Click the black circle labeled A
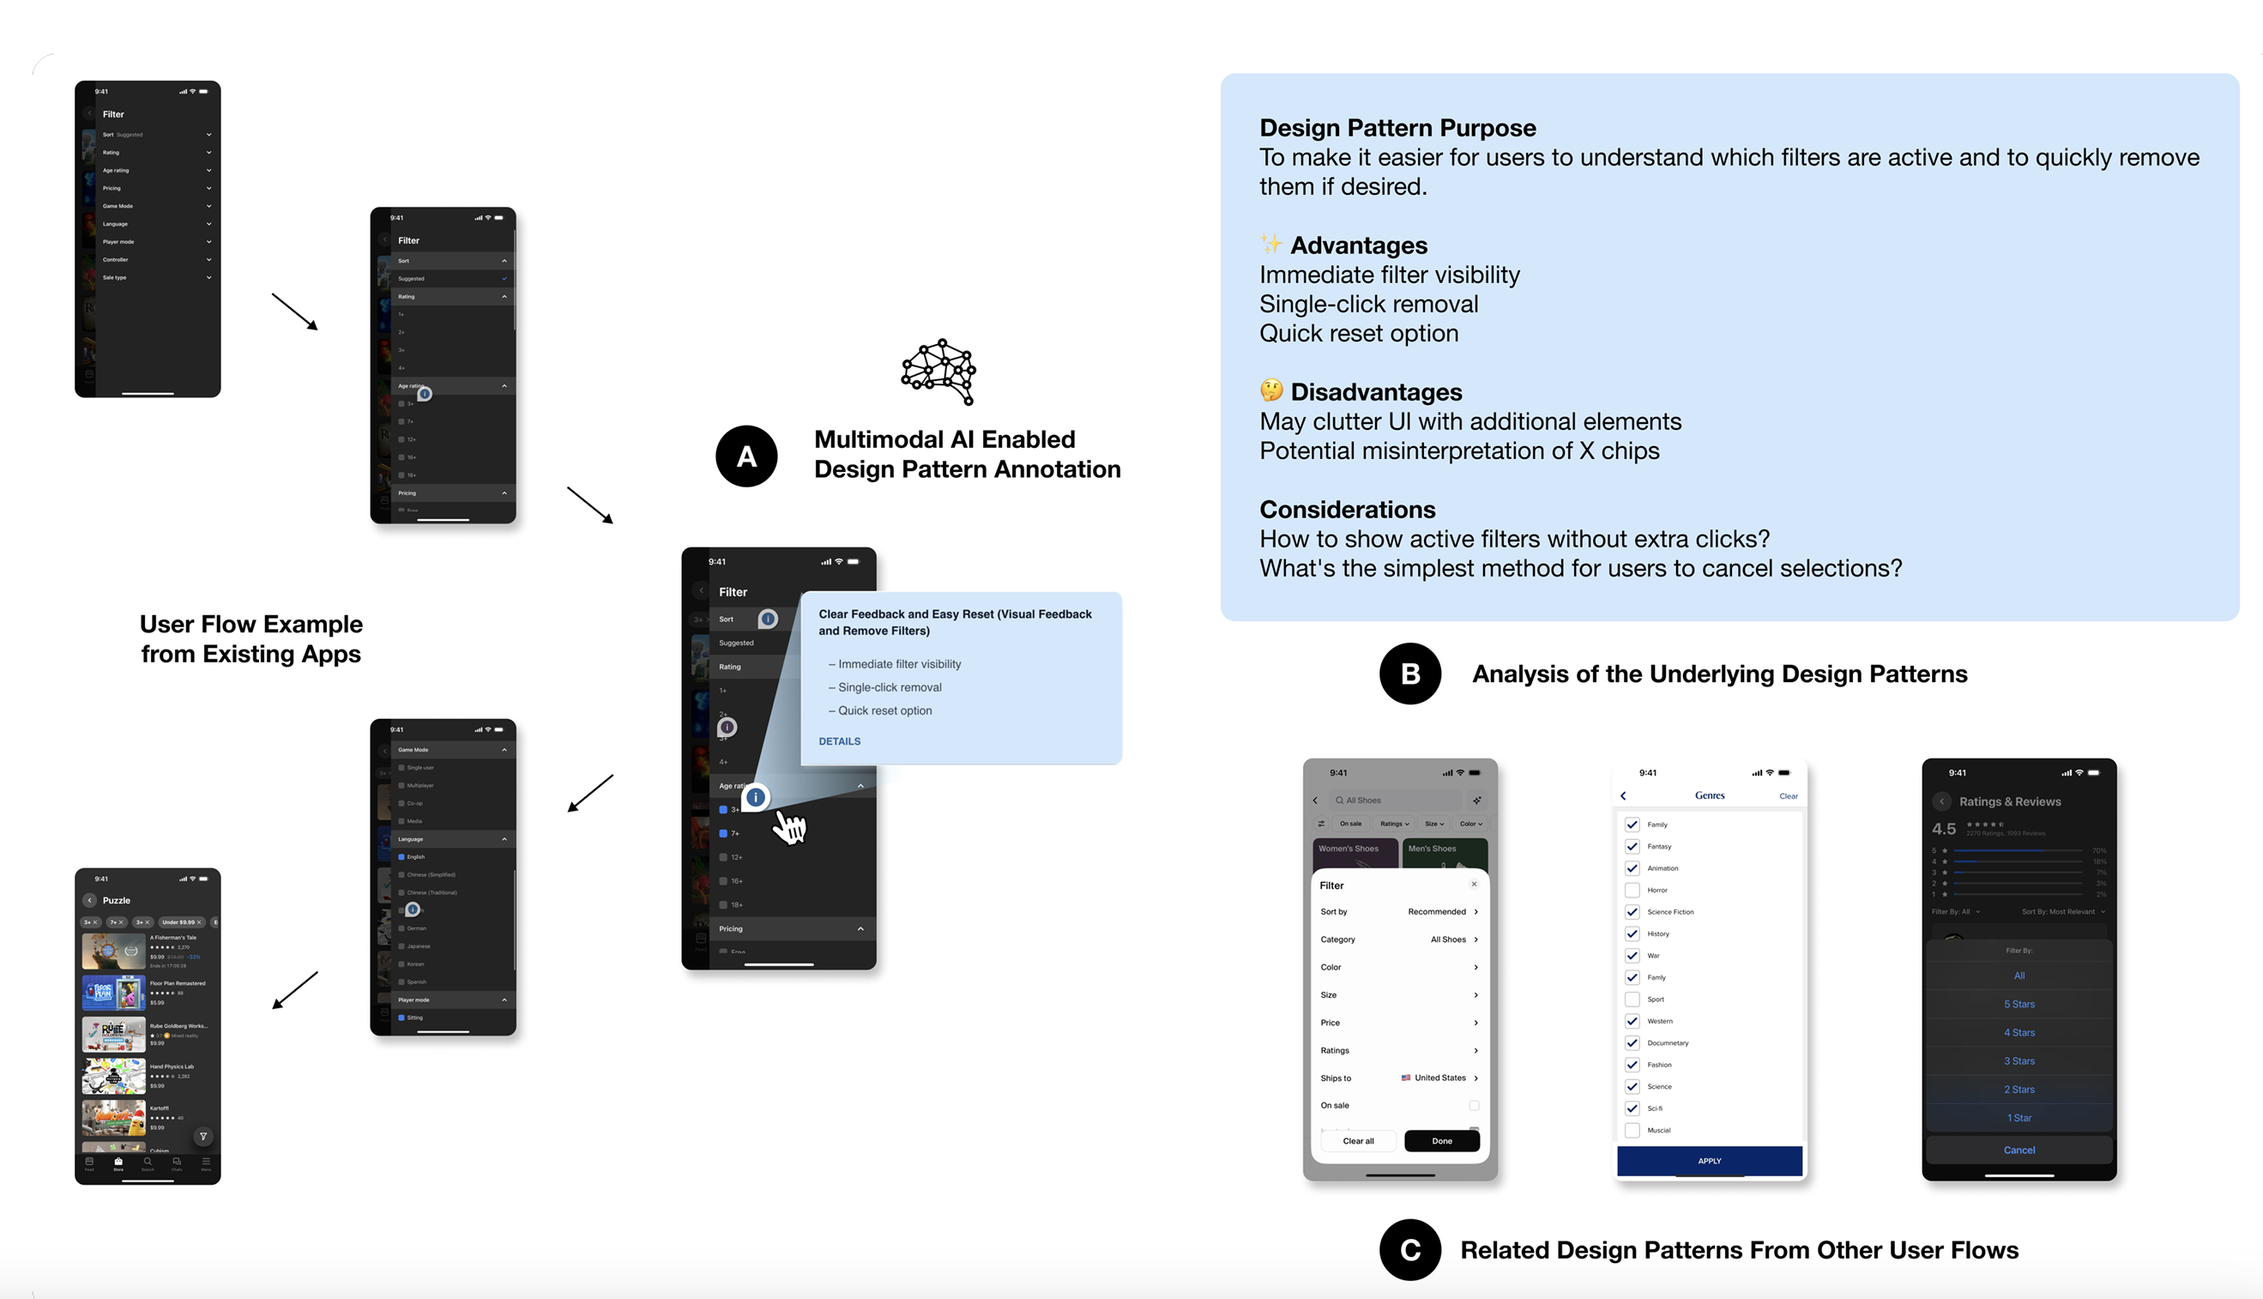point(746,456)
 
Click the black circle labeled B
point(1409,674)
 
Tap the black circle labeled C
point(1409,1250)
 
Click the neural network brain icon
point(938,372)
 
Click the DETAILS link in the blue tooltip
point(839,741)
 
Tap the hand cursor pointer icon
point(789,827)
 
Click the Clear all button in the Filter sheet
point(1358,1141)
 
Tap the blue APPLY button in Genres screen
point(1709,1161)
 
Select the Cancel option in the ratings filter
point(2019,1150)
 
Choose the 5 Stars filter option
point(2019,1005)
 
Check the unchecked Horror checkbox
point(1632,890)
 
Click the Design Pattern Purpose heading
point(1397,128)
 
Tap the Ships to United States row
point(1398,1078)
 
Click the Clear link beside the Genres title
point(1788,796)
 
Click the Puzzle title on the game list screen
point(117,900)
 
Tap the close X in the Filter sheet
point(1474,884)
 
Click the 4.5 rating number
point(1944,829)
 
